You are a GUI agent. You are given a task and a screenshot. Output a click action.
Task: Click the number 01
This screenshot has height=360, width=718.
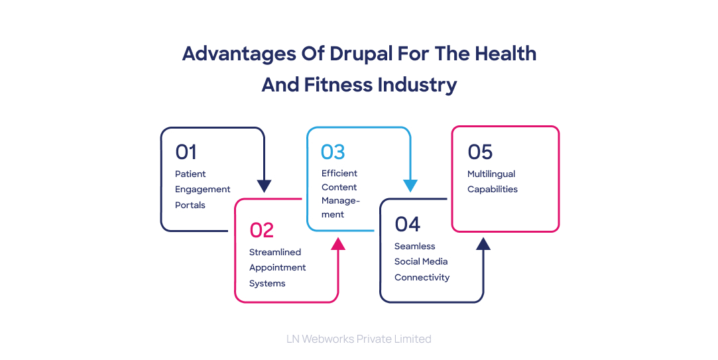coord(186,152)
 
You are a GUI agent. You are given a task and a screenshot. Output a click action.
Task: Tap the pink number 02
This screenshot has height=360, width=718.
coord(261,230)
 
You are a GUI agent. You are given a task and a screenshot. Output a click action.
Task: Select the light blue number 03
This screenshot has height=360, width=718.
coord(333,152)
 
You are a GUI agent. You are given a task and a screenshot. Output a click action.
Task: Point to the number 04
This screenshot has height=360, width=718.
coord(407,224)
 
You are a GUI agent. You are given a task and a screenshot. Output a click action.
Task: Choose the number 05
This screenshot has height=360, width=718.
coord(480,152)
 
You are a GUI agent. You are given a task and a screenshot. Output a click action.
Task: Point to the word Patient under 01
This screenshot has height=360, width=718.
coord(190,174)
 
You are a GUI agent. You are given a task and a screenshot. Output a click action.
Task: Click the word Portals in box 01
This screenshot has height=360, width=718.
coord(190,205)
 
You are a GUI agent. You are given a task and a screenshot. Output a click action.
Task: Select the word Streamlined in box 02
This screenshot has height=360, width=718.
coord(275,252)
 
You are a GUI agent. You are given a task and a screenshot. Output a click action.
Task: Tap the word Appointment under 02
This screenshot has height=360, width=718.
coord(278,267)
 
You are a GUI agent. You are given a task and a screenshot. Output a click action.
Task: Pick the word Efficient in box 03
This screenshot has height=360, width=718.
coord(339,173)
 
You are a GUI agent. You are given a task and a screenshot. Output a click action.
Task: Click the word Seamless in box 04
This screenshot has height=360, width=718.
coord(415,246)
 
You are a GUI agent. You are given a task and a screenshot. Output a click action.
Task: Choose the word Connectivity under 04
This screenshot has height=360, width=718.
coord(422,277)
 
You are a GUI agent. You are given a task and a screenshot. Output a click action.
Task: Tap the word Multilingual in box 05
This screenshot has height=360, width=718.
coord(491,174)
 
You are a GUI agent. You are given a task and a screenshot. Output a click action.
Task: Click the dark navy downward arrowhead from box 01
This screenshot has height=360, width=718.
coord(265,186)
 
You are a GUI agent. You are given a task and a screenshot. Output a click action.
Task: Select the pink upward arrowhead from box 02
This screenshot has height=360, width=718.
coord(338,243)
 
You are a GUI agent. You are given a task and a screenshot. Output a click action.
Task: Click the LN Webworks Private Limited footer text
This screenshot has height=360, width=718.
coord(359,339)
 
